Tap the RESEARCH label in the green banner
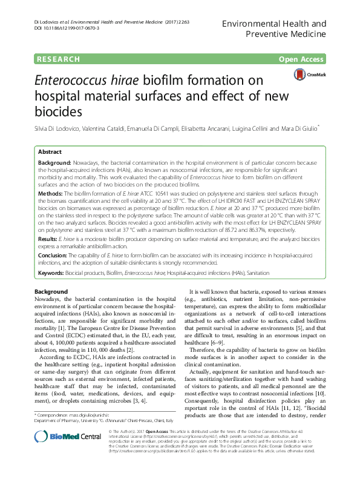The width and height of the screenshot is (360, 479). pyautogui.click(x=58, y=59)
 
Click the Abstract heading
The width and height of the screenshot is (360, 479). pyautogui.click(x=50, y=153)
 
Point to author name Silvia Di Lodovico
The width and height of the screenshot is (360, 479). pyautogui.click(x=59, y=129)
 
